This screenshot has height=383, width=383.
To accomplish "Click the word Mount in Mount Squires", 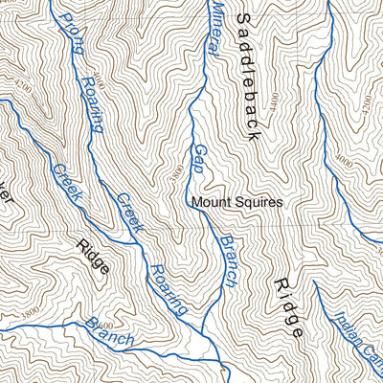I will [211, 203].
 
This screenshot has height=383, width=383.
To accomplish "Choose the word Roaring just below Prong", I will [92, 104].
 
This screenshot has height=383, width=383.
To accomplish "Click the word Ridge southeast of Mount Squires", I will [288, 307].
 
